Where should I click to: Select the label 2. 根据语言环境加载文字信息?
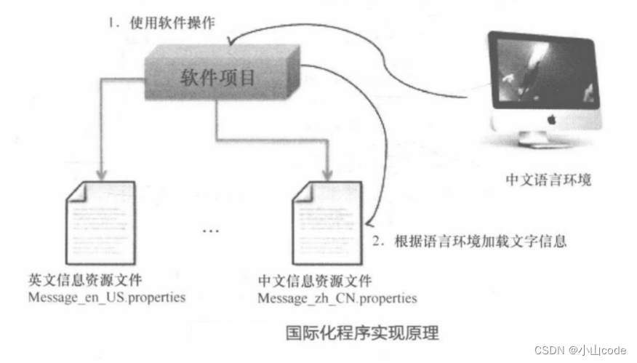[469, 241]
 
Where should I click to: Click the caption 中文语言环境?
[549, 178]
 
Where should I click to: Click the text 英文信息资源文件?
[85, 280]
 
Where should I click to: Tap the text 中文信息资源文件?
[315, 281]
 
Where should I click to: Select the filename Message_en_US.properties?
[107, 298]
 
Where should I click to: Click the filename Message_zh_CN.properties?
[337, 298]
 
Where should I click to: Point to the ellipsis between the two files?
[210, 231]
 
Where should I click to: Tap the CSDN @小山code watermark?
[580, 350]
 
